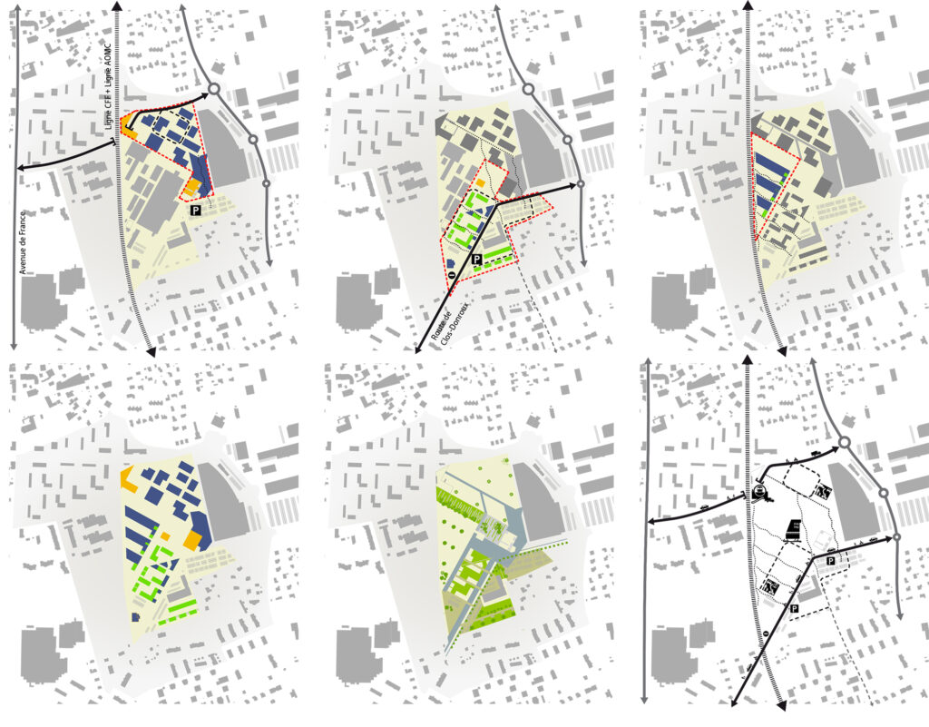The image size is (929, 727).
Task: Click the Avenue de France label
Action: [x=24, y=242]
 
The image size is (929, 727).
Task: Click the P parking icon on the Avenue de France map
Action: [x=196, y=211]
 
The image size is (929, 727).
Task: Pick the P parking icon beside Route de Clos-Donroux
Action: [x=475, y=259]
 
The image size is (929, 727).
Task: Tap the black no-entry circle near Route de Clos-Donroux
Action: [x=452, y=276]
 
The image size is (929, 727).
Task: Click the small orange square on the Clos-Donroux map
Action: [x=481, y=183]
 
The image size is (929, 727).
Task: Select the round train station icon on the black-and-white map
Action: [x=759, y=491]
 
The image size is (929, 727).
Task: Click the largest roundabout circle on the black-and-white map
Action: [x=845, y=443]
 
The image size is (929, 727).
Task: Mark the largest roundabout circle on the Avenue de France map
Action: [x=214, y=90]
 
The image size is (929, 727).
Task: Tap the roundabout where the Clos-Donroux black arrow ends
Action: [x=581, y=184]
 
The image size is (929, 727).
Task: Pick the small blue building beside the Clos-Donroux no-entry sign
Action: [x=450, y=264]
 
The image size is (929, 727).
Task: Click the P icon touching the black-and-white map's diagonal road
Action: [x=794, y=609]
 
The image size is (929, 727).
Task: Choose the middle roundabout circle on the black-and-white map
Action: [x=883, y=493]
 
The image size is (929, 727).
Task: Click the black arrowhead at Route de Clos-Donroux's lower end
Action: [x=417, y=349]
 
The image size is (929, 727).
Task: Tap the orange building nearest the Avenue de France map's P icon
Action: [x=191, y=188]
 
